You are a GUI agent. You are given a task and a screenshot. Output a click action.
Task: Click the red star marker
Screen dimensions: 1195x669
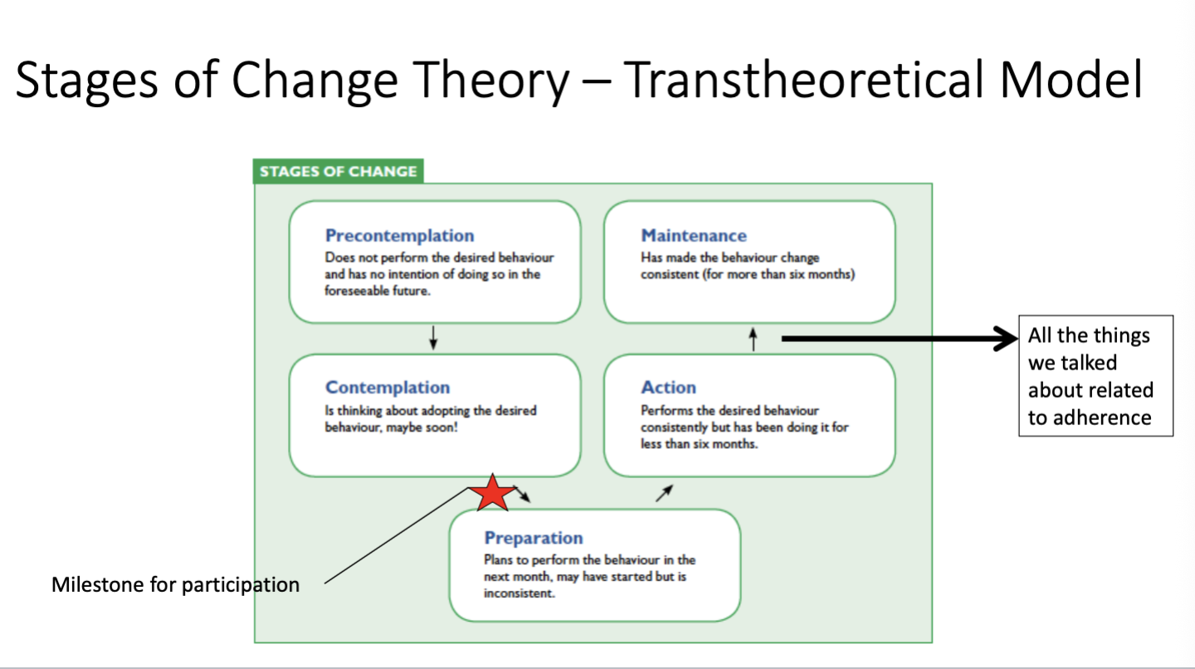coord(492,494)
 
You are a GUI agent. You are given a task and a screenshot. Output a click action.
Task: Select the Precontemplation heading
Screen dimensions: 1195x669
coord(400,235)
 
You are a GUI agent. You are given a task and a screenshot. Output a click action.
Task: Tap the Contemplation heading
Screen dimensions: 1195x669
coord(388,387)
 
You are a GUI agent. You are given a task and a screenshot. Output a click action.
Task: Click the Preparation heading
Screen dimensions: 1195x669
coord(534,538)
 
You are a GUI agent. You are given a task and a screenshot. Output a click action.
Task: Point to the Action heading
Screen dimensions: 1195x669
coord(669,387)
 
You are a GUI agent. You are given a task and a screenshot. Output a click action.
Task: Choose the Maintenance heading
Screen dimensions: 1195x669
coord(694,235)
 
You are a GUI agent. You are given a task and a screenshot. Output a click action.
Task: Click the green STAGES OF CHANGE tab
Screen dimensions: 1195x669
coord(339,171)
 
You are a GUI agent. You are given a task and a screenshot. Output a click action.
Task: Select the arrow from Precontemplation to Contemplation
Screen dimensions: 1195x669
coord(433,338)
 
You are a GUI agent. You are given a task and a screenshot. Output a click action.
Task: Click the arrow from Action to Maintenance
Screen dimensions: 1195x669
coord(753,339)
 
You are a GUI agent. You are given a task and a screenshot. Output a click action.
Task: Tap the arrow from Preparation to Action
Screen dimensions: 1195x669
coord(664,494)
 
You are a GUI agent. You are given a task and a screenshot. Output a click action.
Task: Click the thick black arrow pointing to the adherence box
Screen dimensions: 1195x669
coord(900,339)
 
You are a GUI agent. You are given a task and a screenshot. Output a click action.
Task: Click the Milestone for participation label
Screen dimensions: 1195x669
coord(176,584)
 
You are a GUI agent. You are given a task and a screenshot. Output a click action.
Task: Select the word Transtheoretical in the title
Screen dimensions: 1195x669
coord(803,80)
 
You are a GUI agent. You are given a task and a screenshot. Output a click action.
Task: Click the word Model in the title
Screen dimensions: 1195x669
coord(1071,80)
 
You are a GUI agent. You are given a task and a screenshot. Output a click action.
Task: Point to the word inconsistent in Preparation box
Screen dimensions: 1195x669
coord(519,593)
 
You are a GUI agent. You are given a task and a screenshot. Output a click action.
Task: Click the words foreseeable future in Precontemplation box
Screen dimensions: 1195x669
coord(377,291)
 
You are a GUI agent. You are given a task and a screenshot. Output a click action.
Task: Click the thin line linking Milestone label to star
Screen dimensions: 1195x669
coord(397,535)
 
